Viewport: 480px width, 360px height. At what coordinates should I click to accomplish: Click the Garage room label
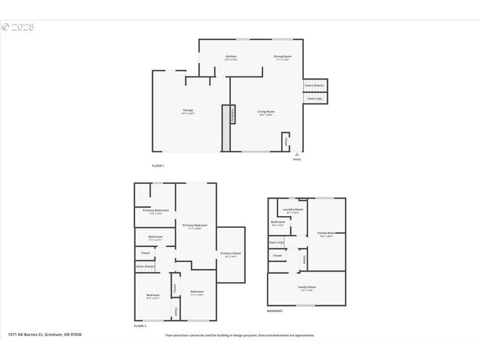(x=187, y=112)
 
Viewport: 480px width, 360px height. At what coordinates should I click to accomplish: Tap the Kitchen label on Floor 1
(x=232, y=58)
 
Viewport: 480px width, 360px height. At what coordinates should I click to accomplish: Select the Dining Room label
(x=282, y=58)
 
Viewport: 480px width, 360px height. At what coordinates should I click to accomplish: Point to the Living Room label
(x=266, y=113)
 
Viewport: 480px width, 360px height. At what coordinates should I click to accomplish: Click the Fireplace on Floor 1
(x=232, y=115)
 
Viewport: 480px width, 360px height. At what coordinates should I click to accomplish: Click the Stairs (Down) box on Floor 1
(x=314, y=85)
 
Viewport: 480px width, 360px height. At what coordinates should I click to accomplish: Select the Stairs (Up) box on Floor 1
(x=314, y=98)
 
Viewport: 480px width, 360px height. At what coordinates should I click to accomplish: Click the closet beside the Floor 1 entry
(x=286, y=141)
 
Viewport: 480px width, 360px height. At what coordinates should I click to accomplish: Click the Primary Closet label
(x=230, y=255)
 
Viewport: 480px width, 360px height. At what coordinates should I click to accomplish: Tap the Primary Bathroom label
(x=156, y=211)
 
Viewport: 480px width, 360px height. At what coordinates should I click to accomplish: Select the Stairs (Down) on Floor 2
(x=145, y=266)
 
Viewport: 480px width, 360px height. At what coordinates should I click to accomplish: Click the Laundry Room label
(x=292, y=210)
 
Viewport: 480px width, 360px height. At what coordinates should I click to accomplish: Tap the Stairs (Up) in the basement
(x=275, y=242)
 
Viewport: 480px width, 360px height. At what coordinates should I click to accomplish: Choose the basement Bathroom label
(x=277, y=223)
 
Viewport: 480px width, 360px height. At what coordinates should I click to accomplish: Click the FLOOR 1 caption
(x=157, y=165)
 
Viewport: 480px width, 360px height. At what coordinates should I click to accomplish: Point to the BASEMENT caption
(x=275, y=310)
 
